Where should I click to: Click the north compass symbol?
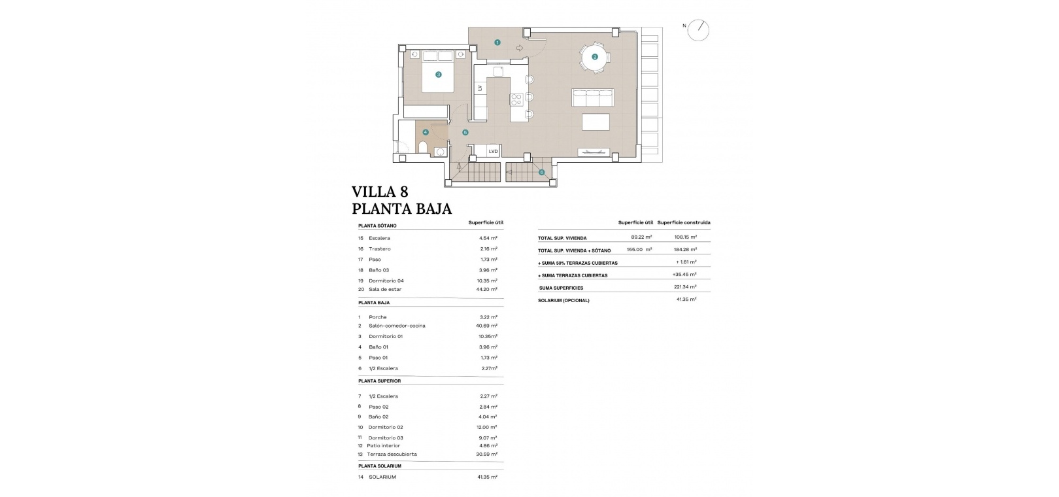(698, 30)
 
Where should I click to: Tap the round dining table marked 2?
(595, 57)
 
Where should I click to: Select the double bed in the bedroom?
(438, 71)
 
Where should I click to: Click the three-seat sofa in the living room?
(593, 97)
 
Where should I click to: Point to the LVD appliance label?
(493, 152)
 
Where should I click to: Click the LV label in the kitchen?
(480, 88)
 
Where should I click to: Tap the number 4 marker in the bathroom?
(426, 132)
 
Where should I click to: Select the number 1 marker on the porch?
(497, 43)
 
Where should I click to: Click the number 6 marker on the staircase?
(541, 173)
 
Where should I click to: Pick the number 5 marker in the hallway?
(465, 132)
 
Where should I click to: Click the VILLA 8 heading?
(380, 192)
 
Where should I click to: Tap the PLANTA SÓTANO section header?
(377, 226)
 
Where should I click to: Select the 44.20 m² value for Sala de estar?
(487, 289)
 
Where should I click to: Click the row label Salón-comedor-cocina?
(397, 326)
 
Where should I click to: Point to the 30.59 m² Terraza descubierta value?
(487, 454)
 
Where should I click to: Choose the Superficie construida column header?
(684, 223)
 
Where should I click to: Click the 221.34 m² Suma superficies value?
(685, 287)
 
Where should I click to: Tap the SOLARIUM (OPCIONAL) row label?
(563, 301)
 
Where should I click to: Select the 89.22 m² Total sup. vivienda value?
(641, 237)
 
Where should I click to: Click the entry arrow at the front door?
(520, 48)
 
